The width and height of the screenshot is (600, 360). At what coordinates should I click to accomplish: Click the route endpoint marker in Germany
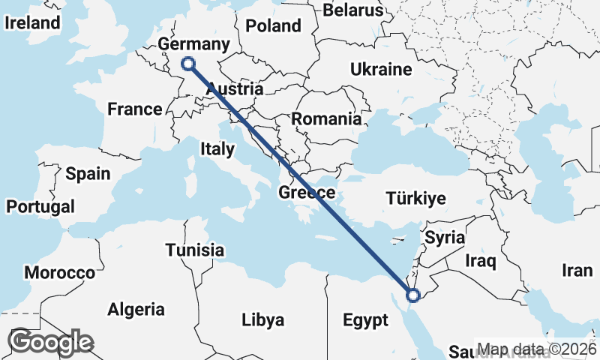pyautogui.click(x=188, y=64)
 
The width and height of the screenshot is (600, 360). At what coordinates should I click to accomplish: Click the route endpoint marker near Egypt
pyautogui.click(x=412, y=295)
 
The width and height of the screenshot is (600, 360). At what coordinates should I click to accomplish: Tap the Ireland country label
pyautogui.click(x=31, y=22)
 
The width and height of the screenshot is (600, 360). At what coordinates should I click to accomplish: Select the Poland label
pyautogui.click(x=273, y=25)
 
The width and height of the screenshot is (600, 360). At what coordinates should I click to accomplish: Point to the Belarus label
pyautogui.click(x=352, y=10)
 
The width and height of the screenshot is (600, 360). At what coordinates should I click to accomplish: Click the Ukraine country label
pyautogui.click(x=381, y=70)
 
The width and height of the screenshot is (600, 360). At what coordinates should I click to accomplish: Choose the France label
pyautogui.click(x=135, y=109)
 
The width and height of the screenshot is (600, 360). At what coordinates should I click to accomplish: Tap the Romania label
pyautogui.click(x=326, y=118)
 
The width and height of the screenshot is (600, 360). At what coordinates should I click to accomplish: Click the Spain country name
pyautogui.click(x=88, y=174)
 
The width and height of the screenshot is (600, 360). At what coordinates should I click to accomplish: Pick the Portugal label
pyautogui.click(x=40, y=206)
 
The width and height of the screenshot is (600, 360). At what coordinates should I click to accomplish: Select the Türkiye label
pyautogui.click(x=415, y=199)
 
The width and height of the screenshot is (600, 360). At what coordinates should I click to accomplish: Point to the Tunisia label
pyautogui.click(x=195, y=250)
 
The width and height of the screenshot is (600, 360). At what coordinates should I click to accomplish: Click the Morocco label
pyautogui.click(x=60, y=272)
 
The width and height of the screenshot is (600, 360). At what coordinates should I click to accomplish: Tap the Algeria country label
pyautogui.click(x=136, y=309)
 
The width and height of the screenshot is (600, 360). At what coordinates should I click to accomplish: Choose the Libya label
pyautogui.click(x=262, y=320)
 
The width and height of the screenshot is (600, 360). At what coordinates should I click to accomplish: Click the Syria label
pyautogui.click(x=445, y=238)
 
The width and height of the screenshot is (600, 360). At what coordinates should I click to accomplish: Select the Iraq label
pyautogui.click(x=481, y=261)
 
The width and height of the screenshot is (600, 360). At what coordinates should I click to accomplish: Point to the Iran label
pyautogui.click(x=577, y=270)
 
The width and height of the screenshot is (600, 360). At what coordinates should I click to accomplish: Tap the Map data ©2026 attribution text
pyautogui.click(x=535, y=349)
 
